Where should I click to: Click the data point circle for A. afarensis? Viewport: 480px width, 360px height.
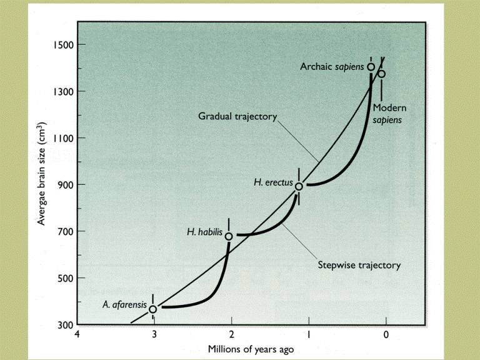[x=152, y=309]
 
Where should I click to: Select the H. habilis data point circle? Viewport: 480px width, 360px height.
[x=229, y=236]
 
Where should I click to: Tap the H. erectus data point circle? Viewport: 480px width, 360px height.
[x=299, y=186]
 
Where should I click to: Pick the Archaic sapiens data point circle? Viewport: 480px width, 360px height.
[x=371, y=67]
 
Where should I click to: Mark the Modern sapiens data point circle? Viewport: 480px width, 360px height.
[x=381, y=74]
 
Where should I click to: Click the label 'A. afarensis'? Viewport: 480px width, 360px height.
[x=125, y=305]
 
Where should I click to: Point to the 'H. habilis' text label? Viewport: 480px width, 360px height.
[x=205, y=232]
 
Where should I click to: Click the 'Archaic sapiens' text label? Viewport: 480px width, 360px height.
[x=332, y=66]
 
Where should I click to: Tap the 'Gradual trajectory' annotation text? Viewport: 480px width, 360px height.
[x=237, y=116]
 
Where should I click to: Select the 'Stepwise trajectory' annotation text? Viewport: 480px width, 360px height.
[x=359, y=265]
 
